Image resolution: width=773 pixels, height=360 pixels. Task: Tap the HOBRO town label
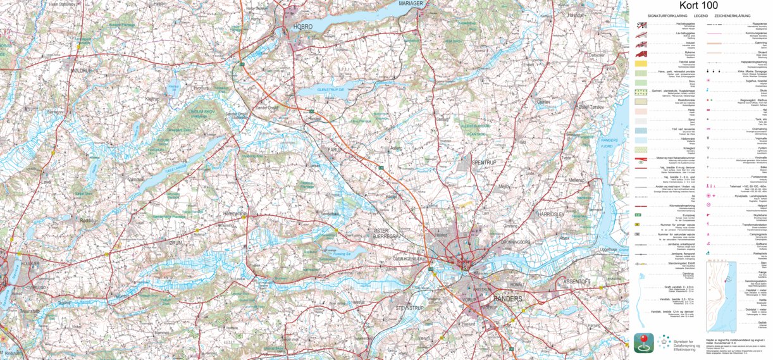tap(302, 27)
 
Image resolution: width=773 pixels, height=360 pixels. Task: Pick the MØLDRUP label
tap(82, 71)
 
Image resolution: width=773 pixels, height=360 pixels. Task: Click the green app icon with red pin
tap(644, 344)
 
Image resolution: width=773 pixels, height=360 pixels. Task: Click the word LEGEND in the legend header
tap(700, 15)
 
